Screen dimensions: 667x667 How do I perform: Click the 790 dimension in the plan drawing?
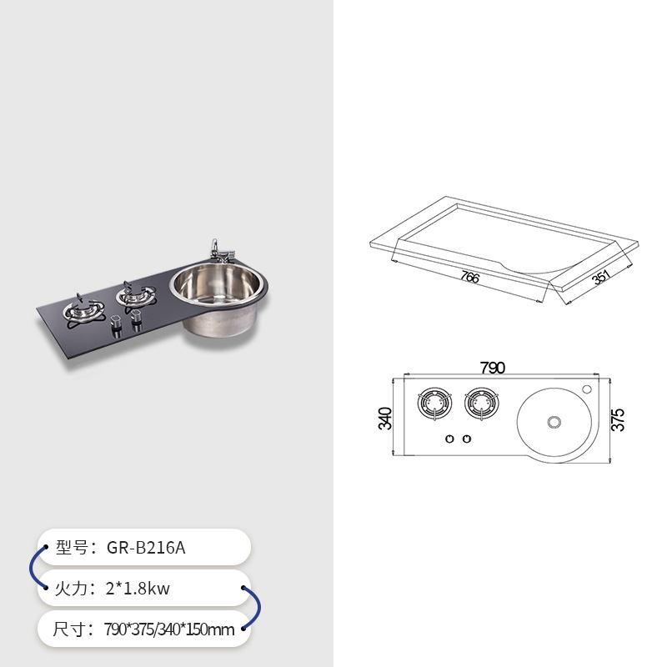pyautogui.click(x=492, y=368)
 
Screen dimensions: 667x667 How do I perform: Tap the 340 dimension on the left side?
pyautogui.click(x=384, y=418)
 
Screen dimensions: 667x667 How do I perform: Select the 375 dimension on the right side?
pyautogui.click(x=618, y=419)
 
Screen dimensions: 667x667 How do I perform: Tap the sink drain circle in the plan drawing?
pyautogui.click(x=553, y=423)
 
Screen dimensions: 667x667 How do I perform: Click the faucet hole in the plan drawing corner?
pyautogui.click(x=586, y=389)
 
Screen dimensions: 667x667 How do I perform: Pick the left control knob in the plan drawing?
pyautogui.click(x=449, y=439)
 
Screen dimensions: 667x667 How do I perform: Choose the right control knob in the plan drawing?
pyautogui.click(x=467, y=439)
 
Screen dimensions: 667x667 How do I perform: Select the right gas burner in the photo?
pyautogui.click(x=136, y=295)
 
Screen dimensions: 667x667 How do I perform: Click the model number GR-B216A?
pyautogui.click(x=146, y=548)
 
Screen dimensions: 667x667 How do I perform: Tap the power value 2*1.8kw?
pyautogui.click(x=138, y=589)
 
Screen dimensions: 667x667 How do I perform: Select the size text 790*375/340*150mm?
pyautogui.click(x=169, y=629)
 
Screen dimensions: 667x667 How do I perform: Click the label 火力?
pyautogui.click(x=73, y=589)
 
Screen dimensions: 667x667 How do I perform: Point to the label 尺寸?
pyautogui.click(x=73, y=629)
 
